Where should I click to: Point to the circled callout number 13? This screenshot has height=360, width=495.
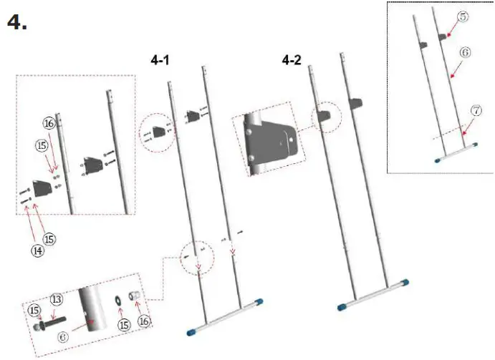point(57,300)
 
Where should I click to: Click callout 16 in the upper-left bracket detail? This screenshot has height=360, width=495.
point(49,124)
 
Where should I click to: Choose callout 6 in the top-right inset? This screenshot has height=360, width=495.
point(464,52)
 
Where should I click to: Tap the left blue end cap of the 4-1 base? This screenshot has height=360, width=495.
point(191,332)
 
